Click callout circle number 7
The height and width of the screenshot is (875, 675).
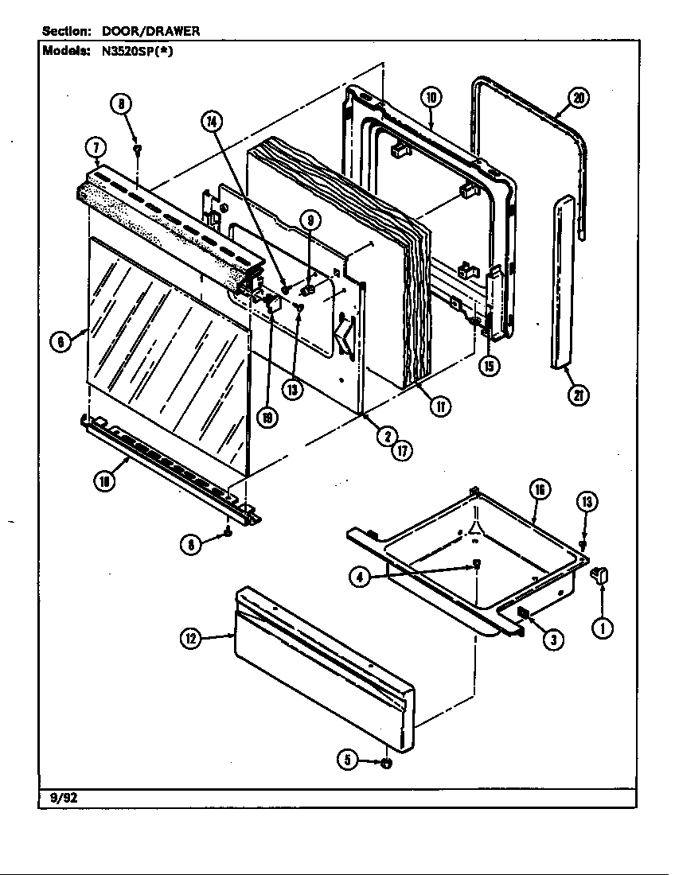click(96, 147)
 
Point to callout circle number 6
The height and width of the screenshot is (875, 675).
click(58, 342)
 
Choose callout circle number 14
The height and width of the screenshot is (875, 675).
click(211, 122)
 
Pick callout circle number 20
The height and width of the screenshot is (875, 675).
click(579, 98)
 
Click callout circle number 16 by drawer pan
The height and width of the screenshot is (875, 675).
click(539, 490)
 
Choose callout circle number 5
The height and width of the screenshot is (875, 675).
click(346, 761)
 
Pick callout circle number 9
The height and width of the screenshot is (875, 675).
click(310, 219)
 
